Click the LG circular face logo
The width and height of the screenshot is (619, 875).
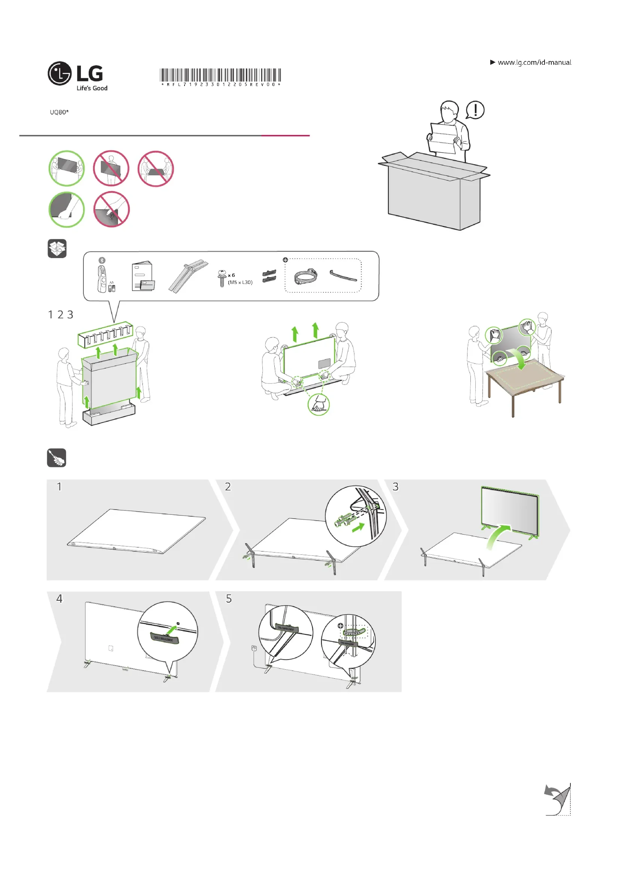coord(60,73)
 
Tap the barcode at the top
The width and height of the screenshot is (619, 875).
coord(220,76)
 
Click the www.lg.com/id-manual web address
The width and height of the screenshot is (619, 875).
coord(534,62)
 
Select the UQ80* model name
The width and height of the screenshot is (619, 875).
coord(59,112)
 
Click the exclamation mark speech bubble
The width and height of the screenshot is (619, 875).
coord(475,110)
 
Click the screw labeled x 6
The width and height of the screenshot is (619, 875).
coord(222,278)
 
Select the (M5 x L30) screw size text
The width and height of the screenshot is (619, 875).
coord(240,282)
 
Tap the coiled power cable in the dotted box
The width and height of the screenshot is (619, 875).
coord(305,276)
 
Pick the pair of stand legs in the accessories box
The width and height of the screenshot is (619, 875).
coord(188,276)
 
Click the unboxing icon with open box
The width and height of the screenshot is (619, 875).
coord(57,248)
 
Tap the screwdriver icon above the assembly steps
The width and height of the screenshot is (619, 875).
coord(57,458)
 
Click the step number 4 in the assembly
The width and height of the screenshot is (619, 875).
coord(60,599)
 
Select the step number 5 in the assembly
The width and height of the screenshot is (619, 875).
coord(229,599)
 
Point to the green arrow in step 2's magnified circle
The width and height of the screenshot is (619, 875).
coord(358,527)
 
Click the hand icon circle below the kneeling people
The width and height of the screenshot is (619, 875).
coord(318,405)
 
